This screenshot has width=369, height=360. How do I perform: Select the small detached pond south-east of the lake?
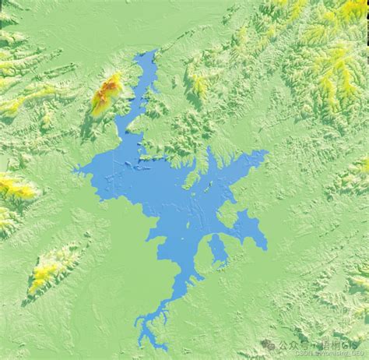coord(218,249)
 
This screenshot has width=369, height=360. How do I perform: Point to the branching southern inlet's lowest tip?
coord(142,343)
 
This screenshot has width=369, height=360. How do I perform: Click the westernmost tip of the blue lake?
coord(76,171)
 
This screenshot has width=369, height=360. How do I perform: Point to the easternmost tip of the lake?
coord(266,156)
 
